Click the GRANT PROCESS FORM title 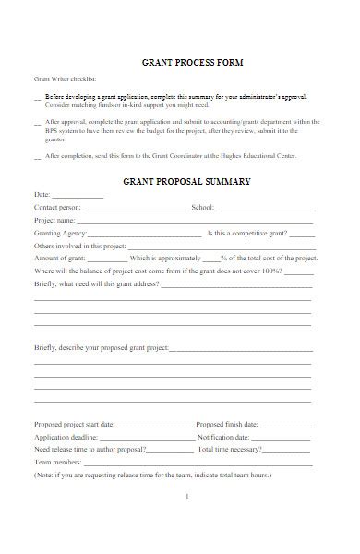(x=192, y=63)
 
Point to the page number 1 (x=187, y=497)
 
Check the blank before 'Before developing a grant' (x=37, y=97)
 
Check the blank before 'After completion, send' (x=37, y=157)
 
